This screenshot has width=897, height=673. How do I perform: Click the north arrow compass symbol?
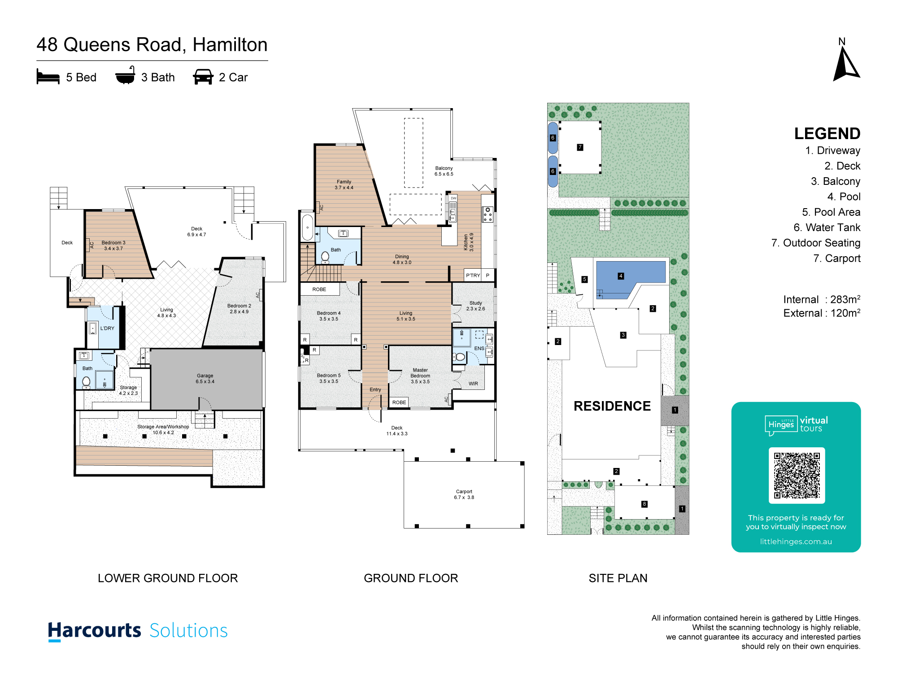tap(846, 65)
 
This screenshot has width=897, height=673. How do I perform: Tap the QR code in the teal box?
tap(797, 476)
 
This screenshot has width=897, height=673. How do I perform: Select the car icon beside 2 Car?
tap(203, 77)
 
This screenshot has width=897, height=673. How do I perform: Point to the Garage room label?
tap(205, 379)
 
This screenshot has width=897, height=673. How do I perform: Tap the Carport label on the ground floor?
tap(464, 494)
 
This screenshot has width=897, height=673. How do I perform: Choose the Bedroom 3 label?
tap(113, 245)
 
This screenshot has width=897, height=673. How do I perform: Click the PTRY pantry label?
tap(473, 275)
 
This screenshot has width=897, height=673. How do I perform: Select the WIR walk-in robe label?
tap(473, 384)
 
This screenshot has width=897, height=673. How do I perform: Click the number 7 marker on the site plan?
tap(580, 147)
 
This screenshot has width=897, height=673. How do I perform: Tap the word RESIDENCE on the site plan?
tap(612, 406)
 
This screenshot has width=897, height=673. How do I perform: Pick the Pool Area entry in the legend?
tap(831, 212)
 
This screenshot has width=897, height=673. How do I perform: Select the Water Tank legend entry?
tap(827, 227)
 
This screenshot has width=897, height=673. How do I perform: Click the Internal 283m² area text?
tap(822, 299)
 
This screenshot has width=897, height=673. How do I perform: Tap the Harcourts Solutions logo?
tap(138, 631)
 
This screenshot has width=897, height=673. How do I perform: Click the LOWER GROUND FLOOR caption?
tap(168, 578)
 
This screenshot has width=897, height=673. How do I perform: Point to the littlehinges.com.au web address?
tap(796, 542)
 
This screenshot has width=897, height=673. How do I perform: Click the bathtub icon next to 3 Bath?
tap(125, 75)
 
